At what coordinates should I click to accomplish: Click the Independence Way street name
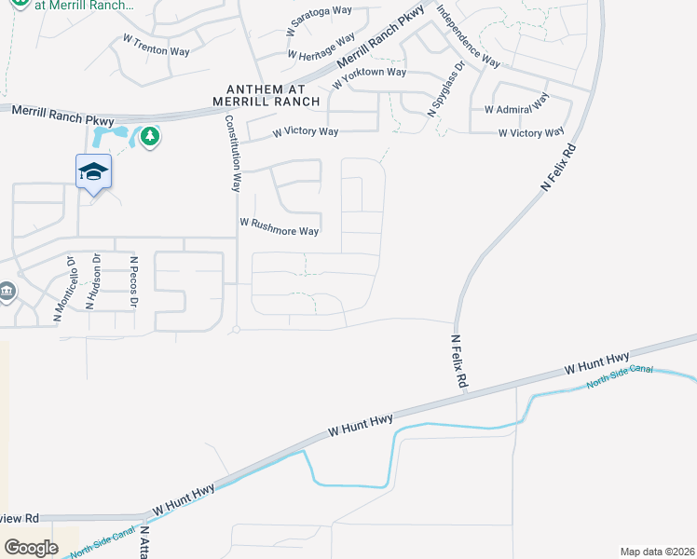click(469, 37)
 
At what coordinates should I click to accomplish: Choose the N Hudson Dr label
click(93, 282)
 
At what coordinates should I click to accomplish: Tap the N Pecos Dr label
click(134, 283)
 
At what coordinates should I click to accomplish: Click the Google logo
click(32, 547)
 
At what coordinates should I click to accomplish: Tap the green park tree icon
click(150, 138)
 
